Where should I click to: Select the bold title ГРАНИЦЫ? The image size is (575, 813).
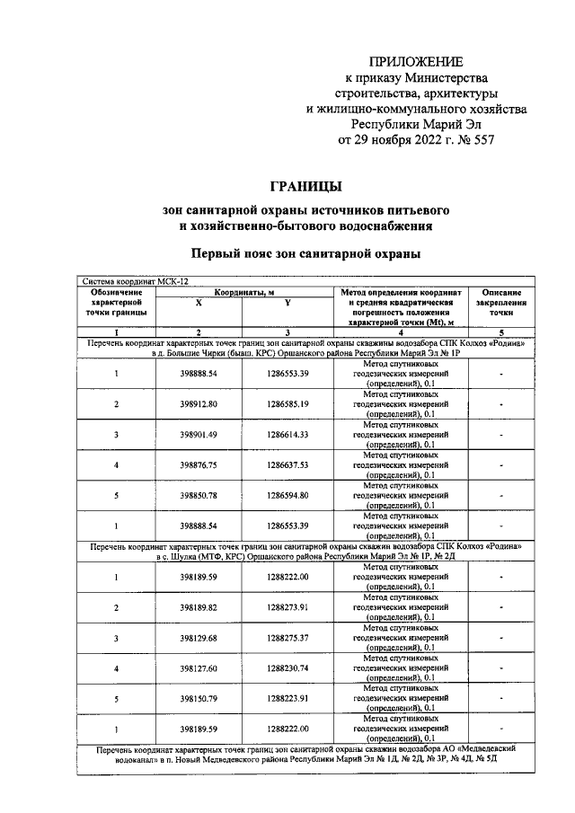point(306,186)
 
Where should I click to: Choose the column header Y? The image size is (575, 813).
point(287,304)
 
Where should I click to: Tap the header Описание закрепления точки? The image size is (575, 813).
point(501,304)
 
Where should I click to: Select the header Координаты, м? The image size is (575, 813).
point(243,292)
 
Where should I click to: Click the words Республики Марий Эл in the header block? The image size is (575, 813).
point(413,125)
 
